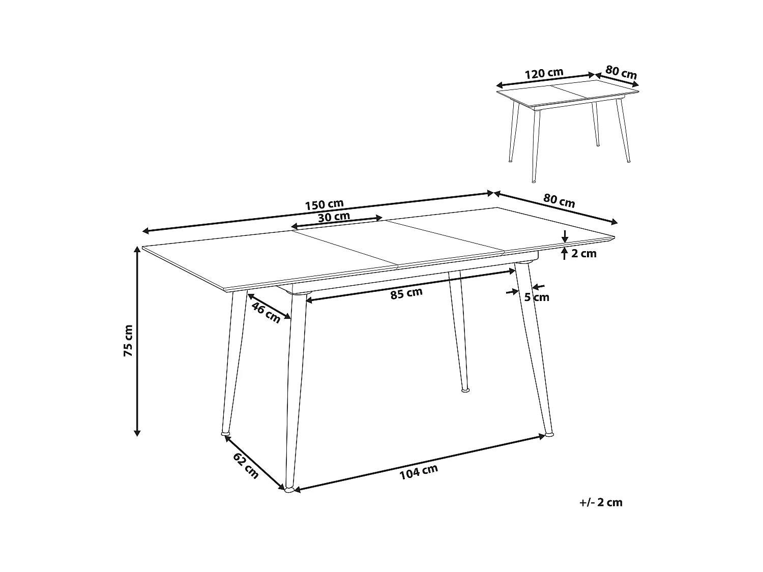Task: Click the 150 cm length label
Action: [324, 204]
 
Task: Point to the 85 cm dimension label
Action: [406, 293]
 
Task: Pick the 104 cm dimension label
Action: [419, 471]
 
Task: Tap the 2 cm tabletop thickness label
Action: [583, 253]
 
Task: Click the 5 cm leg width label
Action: [537, 297]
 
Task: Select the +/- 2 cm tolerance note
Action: [601, 502]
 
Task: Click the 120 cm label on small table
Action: [544, 73]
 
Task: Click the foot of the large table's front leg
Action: [289, 490]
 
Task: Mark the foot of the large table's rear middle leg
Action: [465, 390]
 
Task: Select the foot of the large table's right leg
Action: [549, 434]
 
